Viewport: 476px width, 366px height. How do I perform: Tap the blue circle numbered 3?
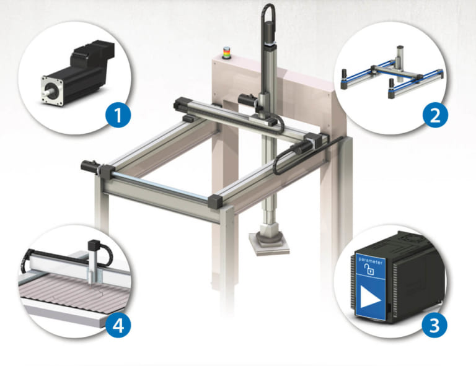click(x=436, y=324)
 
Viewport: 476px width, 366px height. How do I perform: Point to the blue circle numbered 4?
click(x=117, y=324)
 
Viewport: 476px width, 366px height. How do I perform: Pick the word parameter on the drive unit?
click(x=370, y=262)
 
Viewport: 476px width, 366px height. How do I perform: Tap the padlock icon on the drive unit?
click(x=370, y=271)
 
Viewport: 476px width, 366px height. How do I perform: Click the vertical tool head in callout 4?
click(x=95, y=260)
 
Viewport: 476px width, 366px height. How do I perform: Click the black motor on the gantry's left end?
click(x=90, y=165)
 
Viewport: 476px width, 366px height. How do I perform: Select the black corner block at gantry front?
click(x=215, y=200)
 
